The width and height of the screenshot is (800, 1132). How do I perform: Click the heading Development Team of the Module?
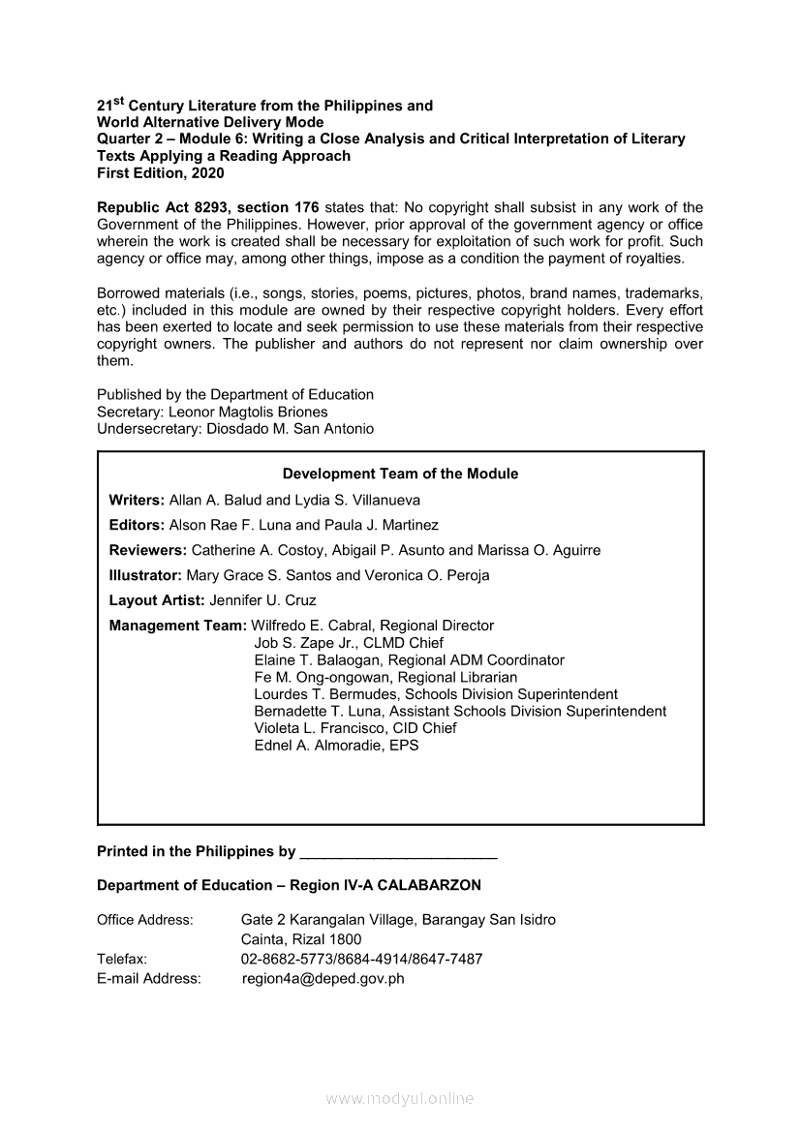400,474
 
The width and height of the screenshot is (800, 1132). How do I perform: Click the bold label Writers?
137,501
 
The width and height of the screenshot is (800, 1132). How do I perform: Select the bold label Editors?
137,526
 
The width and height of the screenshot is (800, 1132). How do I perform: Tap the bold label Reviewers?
147,551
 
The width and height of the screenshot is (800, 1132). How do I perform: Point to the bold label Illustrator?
145,576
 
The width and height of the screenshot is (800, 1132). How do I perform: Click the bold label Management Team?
178,627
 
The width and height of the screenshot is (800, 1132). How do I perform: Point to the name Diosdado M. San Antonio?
291,429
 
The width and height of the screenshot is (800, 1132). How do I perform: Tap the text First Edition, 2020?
160,173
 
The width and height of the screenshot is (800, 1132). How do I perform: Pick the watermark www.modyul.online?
400,1099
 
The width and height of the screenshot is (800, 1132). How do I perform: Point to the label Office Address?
145,920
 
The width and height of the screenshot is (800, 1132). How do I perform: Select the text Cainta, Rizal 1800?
301,939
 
